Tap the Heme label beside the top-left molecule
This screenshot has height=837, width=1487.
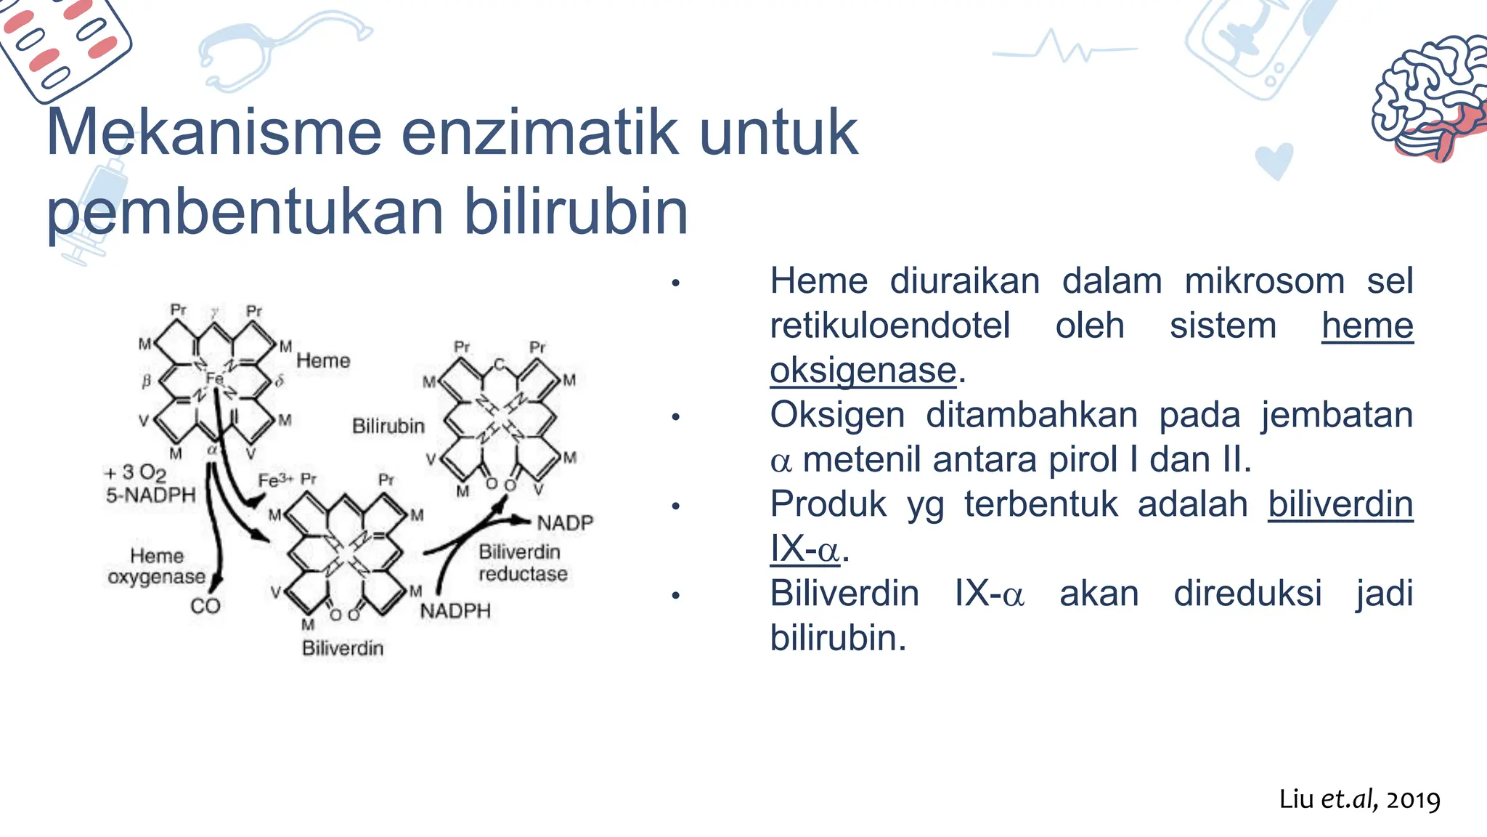click(x=323, y=360)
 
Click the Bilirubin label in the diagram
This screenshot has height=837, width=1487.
click(x=388, y=426)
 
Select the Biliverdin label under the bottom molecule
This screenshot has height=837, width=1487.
click(x=343, y=648)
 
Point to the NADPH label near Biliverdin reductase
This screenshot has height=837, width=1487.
click(x=455, y=611)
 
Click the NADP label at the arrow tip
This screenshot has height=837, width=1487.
click(x=565, y=522)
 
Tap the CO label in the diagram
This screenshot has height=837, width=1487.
click(x=205, y=606)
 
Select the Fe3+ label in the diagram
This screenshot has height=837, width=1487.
click(x=275, y=481)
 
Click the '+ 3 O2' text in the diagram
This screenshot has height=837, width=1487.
click(x=137, y=473)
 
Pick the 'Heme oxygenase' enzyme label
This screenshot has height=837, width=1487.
click(x=157, y=566)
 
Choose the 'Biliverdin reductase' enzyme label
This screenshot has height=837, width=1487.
click(x=521, y=563)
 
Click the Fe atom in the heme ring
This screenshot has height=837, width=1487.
click(x=214, y=379)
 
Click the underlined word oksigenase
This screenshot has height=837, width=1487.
click(x=863, y=371)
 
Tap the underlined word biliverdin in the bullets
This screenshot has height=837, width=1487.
click(x=1340, y=504)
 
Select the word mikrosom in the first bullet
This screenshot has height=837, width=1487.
click(x=1264, y=281)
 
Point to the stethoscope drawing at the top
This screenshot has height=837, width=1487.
click(x=276, y=51)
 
